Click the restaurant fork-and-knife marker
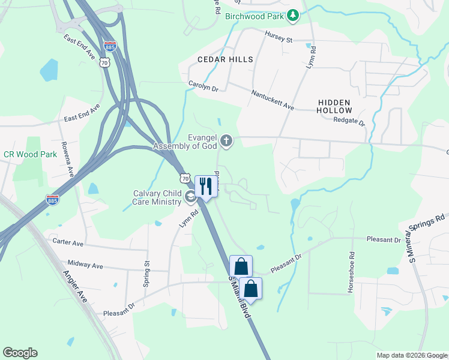tap(205, 185)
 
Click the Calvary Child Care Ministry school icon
tap(190, 197)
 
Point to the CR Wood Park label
tap(30, 154)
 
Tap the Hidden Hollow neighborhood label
tap(334, 107)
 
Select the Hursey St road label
tap(279, 38)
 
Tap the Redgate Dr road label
tap(349, 121)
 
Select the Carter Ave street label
tap(68, 242)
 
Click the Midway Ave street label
tap(85, 265)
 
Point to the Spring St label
tap(146, 274)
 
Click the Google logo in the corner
tap(20, 353)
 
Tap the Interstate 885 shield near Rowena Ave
tap(52, 199)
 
